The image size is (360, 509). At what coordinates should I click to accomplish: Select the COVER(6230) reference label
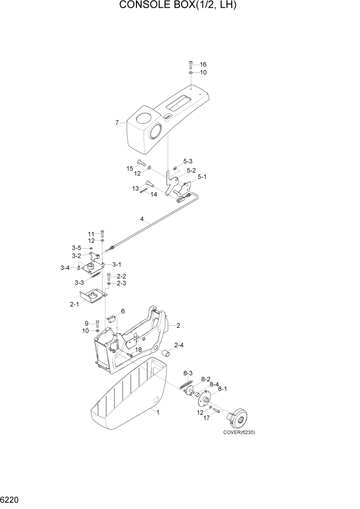(x=238, y=432)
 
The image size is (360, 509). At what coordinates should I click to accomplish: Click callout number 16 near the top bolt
(x=203, y=65)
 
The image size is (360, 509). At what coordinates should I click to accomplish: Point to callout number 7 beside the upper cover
(x=117, y=123)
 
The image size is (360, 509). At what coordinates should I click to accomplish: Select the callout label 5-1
(x=202, y=178)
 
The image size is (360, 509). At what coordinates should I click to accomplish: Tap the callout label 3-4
(x=65, y=267)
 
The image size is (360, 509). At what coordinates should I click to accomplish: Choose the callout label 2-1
(x=74, y=305)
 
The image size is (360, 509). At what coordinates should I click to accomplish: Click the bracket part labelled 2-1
(x=93, y=297)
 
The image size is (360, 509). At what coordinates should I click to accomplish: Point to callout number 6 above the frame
(x=123, y=311)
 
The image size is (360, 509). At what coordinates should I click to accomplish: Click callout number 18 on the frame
(x=138, y=349)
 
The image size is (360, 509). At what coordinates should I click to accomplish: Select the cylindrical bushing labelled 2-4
(x=166, y=354)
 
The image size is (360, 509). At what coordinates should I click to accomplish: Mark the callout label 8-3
(x=188, y=373)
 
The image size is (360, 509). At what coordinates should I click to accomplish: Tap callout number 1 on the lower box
(x=158, y=413)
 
